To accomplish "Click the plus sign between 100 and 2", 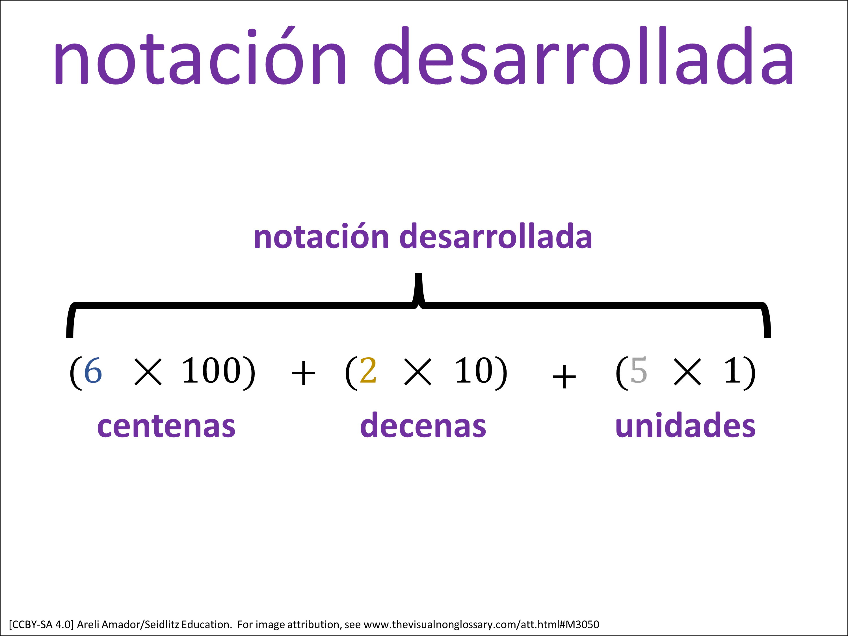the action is [x=303, y=373].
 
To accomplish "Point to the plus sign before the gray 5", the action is [x=564, y=377].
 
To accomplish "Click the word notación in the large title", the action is [x=199, y=56].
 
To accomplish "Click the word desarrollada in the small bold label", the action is [x=496, y=236].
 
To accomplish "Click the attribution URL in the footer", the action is [x=481, y=624].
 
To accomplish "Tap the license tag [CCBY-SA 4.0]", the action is [x=41, y=624].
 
